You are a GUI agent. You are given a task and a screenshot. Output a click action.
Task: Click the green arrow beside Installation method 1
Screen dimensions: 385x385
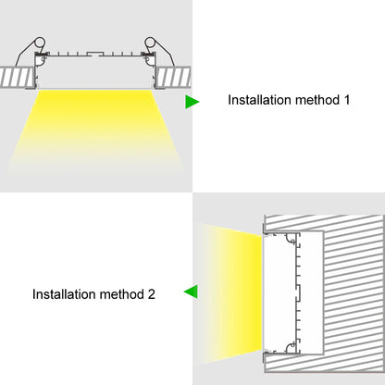click(192, 99)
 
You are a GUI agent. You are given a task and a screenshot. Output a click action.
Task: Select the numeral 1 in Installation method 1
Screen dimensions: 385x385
click(346, 98)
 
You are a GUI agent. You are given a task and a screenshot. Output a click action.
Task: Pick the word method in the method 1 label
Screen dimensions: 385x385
click(317, 98)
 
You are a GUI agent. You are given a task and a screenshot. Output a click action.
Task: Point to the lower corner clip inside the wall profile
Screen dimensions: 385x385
click(294, 347)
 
